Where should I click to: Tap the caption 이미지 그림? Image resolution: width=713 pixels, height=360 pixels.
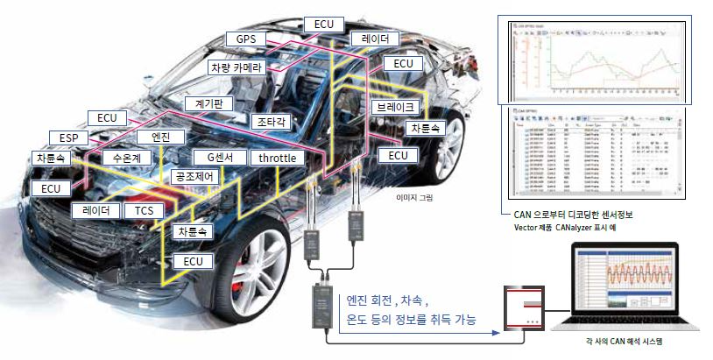[x=415, y=198]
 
